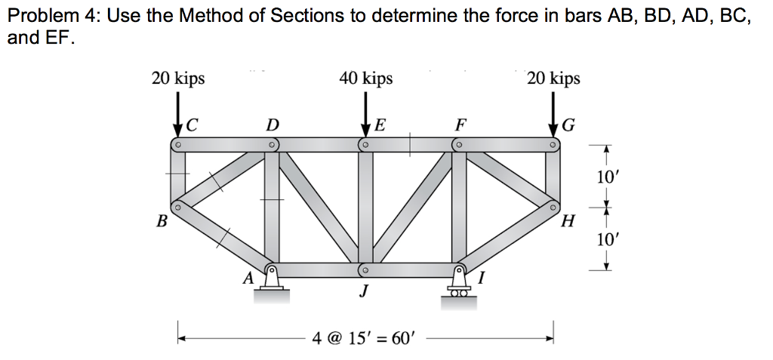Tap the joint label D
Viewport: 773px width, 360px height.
click(273, 124)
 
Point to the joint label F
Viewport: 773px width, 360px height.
click(460, 123)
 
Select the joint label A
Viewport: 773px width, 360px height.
click(247, 278)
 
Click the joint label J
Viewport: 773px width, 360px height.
click(364, 291)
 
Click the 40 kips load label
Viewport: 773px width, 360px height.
click(365, 78)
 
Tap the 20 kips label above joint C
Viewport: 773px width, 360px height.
click(178, 78)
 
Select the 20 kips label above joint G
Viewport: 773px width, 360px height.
click(553, 78)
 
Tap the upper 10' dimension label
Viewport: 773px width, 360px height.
click(606, 178)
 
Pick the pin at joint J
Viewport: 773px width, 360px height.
click(364, 269)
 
